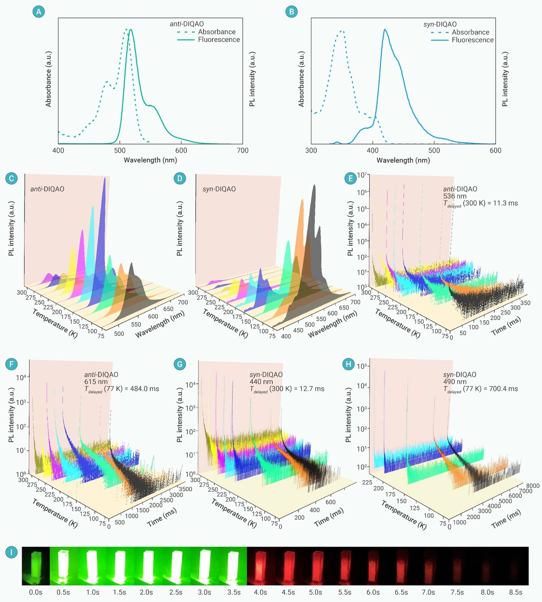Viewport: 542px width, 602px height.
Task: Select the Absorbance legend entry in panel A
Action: coord(217,32)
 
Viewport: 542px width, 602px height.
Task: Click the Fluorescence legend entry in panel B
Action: coord(472,40)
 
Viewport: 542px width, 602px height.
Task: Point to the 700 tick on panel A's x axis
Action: coord(243,151)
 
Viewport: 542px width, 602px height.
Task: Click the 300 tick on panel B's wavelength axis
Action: coord(311,151)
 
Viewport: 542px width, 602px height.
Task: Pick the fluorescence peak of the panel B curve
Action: coord(385,30)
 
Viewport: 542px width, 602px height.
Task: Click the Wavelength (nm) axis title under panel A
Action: coord(150,160)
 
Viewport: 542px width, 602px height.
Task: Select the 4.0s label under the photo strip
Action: coord(260,592)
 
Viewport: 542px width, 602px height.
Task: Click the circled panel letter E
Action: coord(350,178)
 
